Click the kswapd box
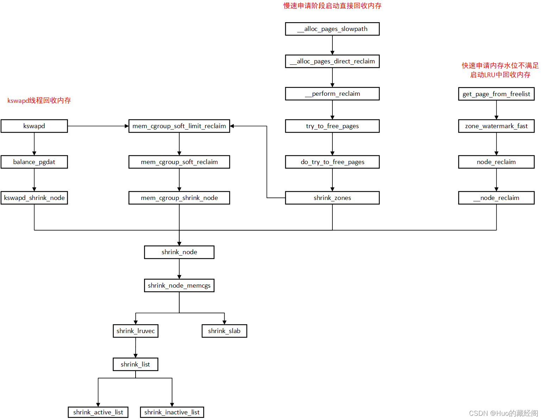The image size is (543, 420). click(34, 126)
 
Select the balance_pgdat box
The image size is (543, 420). click(34, 162)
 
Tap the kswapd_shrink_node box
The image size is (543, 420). click(34, 198)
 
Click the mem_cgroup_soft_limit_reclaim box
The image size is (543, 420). click(179, 126)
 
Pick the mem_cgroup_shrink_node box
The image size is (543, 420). click(179, 198)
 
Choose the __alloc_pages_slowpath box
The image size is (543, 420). click(332, 29)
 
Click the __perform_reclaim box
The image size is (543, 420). click(332, 94)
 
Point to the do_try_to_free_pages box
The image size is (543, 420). click(332, 162)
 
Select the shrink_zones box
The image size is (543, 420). click(332, 198)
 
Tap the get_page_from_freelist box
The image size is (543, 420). click(496, 94)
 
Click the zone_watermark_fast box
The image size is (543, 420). click(496, 126)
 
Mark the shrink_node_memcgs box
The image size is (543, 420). click(179, 286)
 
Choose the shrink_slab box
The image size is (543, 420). click(224, 331)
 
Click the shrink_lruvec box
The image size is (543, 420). click(136, 331)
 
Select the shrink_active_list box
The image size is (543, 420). click(98, 412)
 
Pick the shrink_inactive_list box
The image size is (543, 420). click(172, 412)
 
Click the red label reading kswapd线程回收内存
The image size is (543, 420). click(39, 101)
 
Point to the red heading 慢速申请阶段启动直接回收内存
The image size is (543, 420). click(332, 6)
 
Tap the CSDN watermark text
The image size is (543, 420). click(503, 413)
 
